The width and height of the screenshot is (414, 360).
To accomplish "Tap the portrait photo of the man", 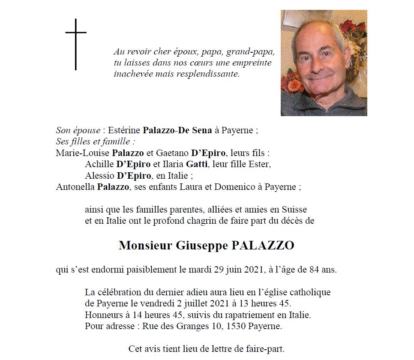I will (324, 63).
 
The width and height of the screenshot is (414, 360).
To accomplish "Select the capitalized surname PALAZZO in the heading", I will (263, 246).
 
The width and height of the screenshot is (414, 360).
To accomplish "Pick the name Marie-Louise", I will (82, 153).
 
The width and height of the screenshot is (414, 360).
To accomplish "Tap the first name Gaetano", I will (174, 153).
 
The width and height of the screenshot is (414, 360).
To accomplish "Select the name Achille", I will (99, 164).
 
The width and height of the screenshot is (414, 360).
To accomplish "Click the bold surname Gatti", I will (196, 164).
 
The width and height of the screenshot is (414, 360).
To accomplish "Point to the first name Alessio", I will (99, 175).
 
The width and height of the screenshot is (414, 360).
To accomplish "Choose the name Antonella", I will (75, 186).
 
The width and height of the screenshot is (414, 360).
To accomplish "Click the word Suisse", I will (294, 210).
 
